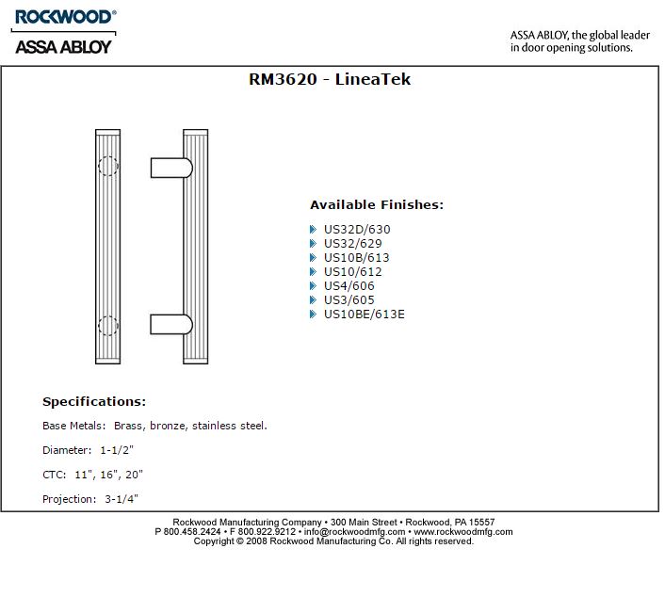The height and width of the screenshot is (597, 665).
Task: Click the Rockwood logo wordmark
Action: (65, 17)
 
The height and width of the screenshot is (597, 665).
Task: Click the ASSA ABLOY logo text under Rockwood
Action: (63, 47)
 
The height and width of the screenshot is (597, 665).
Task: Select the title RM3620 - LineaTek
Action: (330, 79)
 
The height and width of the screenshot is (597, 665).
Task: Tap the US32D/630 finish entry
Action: (357, 230)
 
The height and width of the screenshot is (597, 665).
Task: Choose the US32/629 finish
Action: (353, 243)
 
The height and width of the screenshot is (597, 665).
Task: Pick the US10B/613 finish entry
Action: (356, 257)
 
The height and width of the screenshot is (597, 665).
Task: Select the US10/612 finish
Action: (353, 271)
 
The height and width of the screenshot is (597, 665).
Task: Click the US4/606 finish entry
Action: (349, 285)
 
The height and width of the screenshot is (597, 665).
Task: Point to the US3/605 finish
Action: (349, 299)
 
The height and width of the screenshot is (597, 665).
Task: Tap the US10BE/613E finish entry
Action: (365, 314)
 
